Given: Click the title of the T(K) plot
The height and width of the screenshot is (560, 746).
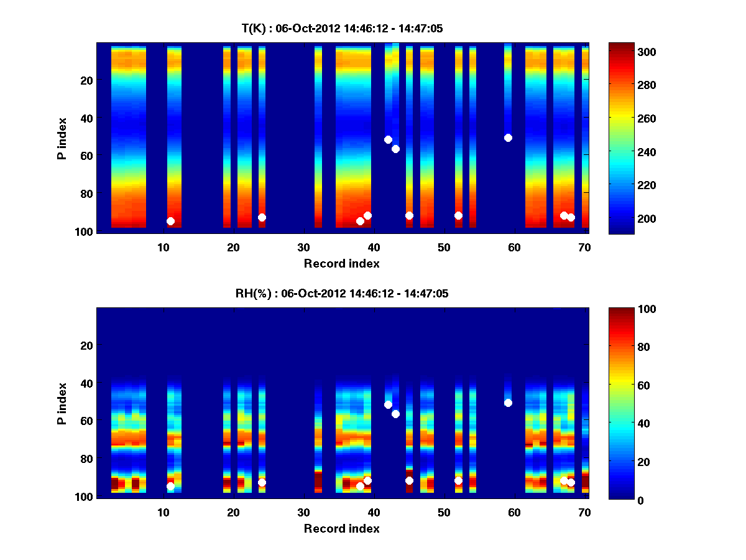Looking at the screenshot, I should [342, 29].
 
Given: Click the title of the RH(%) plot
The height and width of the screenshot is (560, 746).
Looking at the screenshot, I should [342, 294].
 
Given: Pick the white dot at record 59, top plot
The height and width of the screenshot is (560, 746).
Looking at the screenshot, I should [508, 138].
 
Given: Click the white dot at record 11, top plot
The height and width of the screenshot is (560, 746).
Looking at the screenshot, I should [170, 221].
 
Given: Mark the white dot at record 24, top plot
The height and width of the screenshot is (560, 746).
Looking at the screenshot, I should [262, 217].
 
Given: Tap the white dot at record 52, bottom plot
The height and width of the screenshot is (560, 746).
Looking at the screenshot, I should [458, 480].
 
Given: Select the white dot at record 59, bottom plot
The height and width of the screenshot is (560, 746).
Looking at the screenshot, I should [508, 403].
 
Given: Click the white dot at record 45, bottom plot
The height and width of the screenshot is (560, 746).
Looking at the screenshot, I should [409, 480].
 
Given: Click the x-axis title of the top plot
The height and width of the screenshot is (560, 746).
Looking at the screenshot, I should [342, 263].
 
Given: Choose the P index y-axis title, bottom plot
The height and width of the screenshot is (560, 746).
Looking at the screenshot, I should [62, 403].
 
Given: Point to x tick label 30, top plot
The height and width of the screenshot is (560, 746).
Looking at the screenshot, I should [303, 247].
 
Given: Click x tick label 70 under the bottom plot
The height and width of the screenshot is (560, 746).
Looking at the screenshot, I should [584, 512].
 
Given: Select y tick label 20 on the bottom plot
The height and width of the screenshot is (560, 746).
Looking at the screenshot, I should [86, 345].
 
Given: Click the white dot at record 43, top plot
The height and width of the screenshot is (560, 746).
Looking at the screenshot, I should [395, 149].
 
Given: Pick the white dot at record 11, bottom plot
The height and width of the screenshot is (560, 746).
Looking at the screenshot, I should [170, 486].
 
